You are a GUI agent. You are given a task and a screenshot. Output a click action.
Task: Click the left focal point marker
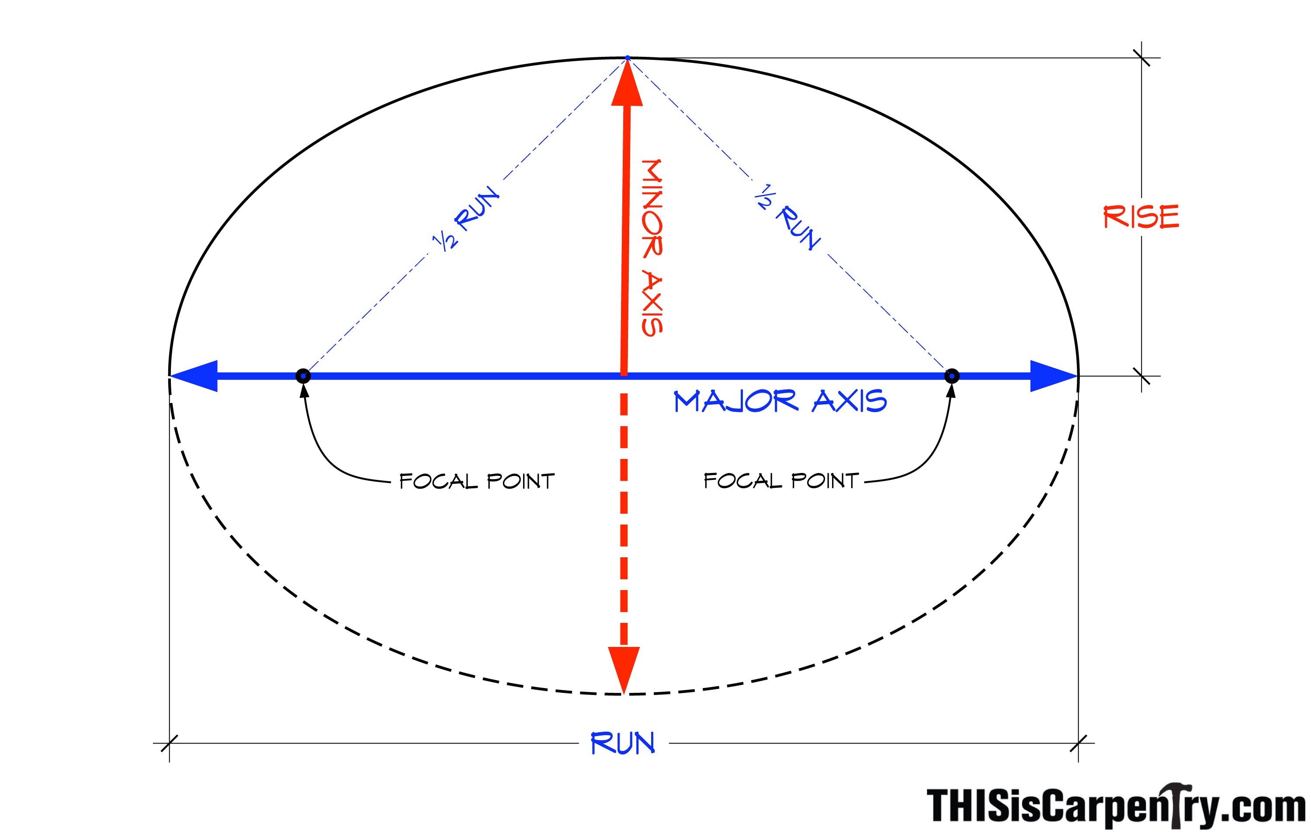pos(303,376)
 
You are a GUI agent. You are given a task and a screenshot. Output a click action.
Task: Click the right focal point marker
pos(952,376)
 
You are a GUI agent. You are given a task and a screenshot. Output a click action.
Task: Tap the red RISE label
pos(1141,216)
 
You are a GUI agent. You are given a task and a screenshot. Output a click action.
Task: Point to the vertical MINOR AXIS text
pos(652,248)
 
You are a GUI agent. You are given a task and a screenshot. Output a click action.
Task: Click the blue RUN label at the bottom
pos(623,743)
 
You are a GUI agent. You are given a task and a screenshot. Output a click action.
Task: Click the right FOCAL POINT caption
pos(781,481)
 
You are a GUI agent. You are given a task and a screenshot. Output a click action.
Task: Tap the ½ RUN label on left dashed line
pos(465,218)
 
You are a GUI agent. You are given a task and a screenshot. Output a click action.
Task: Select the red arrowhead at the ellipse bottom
pos(624,669)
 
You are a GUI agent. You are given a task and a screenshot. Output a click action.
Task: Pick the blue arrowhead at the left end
pos(195,376)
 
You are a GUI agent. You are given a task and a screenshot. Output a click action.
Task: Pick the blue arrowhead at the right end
pos(1053,376)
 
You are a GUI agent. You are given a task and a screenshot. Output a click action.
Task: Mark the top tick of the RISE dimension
pos(1142,58)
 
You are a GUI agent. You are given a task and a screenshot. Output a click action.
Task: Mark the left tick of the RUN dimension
pos(169,743)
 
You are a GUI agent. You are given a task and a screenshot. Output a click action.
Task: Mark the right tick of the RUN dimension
pos(1079,743)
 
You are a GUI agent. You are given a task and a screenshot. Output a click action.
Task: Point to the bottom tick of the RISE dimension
pos(1142,376)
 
